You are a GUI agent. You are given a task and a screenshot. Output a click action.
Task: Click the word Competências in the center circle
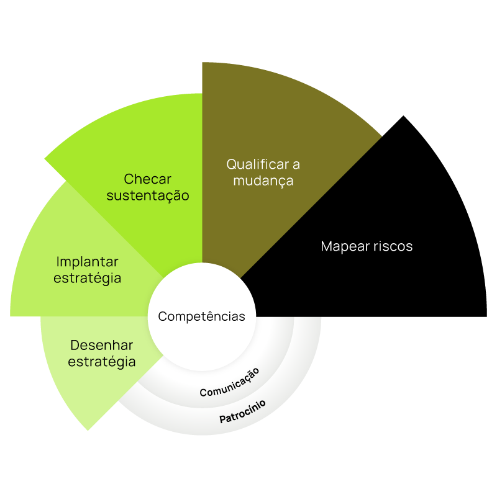click(201, 316)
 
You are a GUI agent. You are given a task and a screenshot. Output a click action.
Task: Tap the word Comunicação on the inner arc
click(229, 383)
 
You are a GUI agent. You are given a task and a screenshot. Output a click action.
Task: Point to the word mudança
click(263, 181)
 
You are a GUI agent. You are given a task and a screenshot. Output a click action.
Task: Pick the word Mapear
click(345, 246)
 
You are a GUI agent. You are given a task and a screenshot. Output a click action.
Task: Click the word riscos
click(393, 246)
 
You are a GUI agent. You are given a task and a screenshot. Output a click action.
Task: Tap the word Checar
click(147, 179)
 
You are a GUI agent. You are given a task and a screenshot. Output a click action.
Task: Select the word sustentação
click(147, 196)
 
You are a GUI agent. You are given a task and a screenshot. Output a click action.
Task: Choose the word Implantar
click(87, 261)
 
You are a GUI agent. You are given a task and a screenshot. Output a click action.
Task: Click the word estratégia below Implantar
click(87, 278)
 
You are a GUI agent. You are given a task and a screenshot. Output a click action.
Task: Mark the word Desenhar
click(101, 345)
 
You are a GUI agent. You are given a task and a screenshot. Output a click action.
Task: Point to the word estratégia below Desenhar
click(101, 362)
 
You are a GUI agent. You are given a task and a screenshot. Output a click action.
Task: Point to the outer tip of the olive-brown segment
click(380, 137)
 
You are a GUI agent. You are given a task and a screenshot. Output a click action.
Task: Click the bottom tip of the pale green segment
click(89, 429)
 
